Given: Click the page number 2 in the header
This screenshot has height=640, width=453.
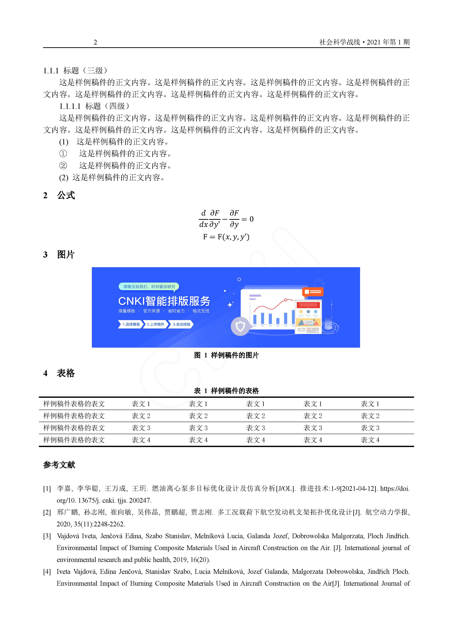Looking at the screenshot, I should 95,42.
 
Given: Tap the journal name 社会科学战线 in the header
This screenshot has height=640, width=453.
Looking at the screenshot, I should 339,42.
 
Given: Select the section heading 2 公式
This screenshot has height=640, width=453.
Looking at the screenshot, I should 59,195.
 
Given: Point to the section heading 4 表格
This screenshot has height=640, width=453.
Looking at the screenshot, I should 59,373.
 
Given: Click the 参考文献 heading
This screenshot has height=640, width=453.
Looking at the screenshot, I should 59,465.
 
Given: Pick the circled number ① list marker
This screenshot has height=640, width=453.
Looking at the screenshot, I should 63,154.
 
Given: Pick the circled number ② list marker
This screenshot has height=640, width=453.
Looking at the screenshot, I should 63,166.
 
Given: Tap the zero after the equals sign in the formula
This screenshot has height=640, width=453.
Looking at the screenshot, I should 251,219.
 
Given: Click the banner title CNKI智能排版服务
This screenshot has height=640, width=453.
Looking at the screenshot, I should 164,301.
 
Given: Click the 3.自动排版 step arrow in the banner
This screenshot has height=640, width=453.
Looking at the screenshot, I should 181,324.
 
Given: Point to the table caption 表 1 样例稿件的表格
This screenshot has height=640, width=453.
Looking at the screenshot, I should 226,391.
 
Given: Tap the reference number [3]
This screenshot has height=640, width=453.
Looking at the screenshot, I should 47,536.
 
